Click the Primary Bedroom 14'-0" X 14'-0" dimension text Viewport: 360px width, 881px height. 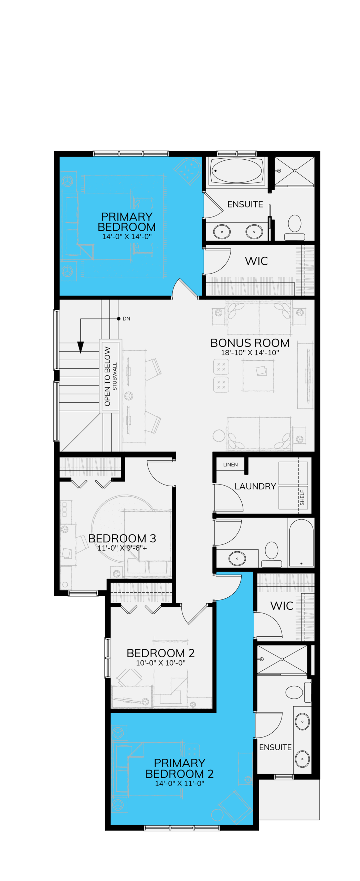click(x=127, y=236)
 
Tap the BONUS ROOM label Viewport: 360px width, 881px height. click(x=250, y=343)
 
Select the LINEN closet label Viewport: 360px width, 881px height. click(x=230, y=465)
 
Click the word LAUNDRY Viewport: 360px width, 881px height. click(x=255, y=486)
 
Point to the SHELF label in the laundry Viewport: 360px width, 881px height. click(x=302, y=498)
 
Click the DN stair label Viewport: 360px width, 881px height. click(x=126, y=319)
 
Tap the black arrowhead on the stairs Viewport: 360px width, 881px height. click(x=81, y=347)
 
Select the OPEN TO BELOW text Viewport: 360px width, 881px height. click(x=107, y=376)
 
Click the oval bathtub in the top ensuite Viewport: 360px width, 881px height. click(x=236, y=171)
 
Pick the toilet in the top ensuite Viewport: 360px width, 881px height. click(x=295, y=227)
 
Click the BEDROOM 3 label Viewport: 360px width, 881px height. click(x=122, y=538)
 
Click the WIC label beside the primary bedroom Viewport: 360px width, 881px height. click(x=256, y=261)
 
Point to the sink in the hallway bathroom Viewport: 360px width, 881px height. click(x=237, y=558)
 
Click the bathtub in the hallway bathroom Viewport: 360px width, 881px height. click(x=301, y=542)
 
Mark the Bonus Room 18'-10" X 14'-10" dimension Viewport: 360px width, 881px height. click(x=250, y=353)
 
